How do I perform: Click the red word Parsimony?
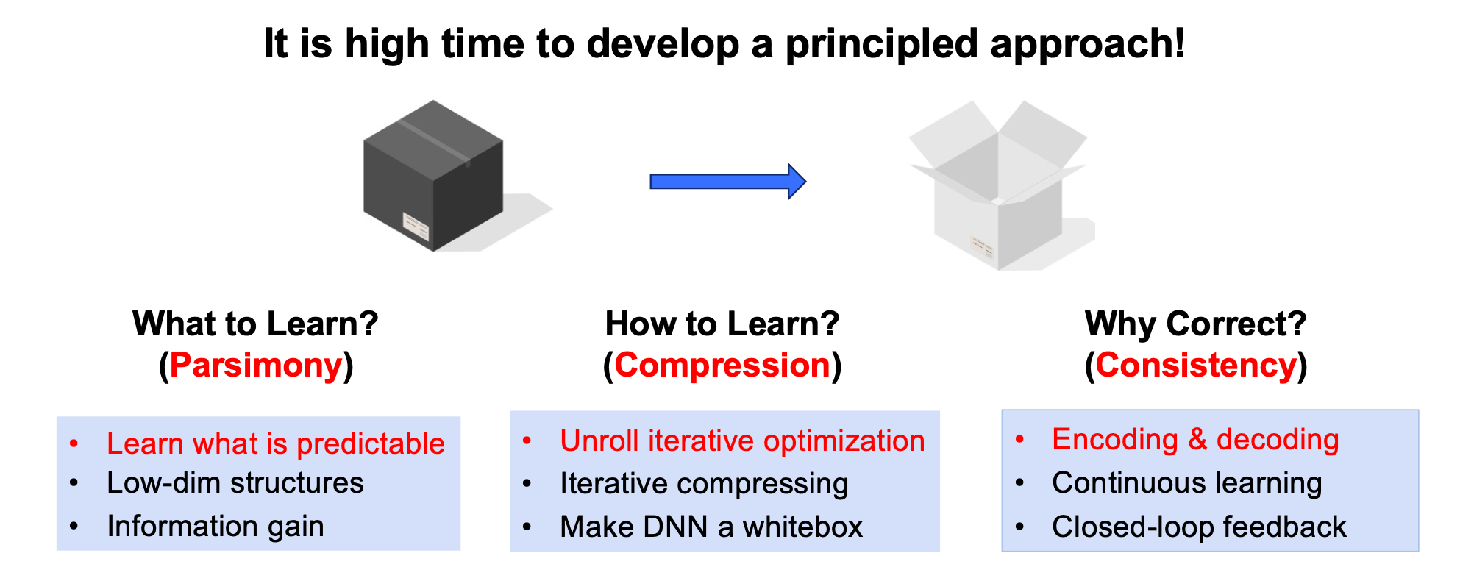point(256,365)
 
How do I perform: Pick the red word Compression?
point(722,365)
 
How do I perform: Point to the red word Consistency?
point(1196,365)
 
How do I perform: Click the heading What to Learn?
point(255,324)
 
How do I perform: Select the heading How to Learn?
point(722,324)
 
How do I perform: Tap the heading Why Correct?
point(1195,324)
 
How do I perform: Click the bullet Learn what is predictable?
point(275,443)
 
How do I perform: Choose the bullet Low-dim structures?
point(235,483)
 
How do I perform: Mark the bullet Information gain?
point(215,526)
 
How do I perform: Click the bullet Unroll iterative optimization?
point(741,441)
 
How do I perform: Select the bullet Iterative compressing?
point(704,484)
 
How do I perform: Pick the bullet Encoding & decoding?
point(1195,439)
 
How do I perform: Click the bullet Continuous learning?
point(1186,482)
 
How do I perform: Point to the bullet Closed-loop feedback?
point(1198,527)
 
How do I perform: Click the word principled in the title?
point(882,44)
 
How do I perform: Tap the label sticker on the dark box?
point(416,226)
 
